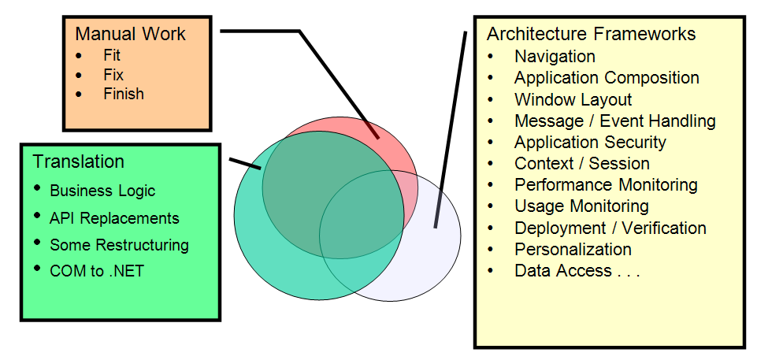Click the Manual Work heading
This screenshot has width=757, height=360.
click(x=131, y=35)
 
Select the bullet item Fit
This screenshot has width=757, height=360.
click(x=112, y=56)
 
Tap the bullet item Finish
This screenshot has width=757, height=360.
click(x=124, y=94)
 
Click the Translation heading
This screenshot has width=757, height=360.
click(x=79, y=161)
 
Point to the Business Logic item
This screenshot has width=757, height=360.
click(x=102, y=191)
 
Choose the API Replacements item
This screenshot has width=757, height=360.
click(x=114, y=218)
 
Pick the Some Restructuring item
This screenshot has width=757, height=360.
click(x=119, y=245)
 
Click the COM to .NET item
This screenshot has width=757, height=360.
click(x=97, y=272)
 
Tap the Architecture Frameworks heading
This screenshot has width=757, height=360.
click(x=591, y=34)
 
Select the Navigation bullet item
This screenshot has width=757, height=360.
click(x=555, y=57)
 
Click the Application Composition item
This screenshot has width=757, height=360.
click(x=607, y=78)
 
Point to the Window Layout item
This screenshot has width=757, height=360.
click(x=573, y=100)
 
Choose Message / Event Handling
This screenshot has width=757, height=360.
click(x=614, y=121)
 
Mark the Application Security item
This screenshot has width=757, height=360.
click(x=590, y=143)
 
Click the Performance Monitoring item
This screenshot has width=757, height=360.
click(x=606, y=185)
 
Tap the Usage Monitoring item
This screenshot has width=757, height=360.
click(x=581, y=206)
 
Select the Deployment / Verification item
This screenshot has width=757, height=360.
click(x=610, y=228)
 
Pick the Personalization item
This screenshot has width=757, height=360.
click(x=573, y=250)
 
